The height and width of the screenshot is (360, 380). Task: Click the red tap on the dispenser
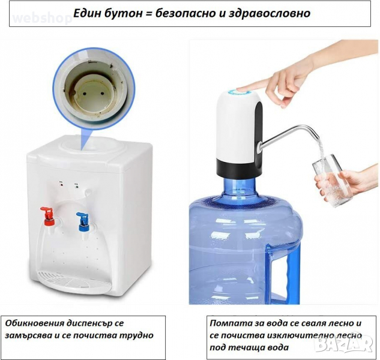click(x=48, y=216)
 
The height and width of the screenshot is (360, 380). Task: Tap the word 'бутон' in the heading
click(x=124, y=13)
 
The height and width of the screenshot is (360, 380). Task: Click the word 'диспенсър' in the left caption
click(x=91, y=324)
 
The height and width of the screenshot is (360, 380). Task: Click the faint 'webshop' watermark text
click(x=42, y=18)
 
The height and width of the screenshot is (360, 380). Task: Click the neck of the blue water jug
click(x=239, y=187)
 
